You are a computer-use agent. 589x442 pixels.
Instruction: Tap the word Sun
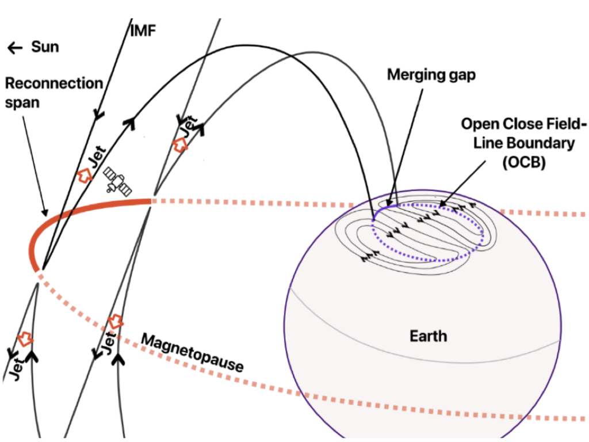click(45, 47)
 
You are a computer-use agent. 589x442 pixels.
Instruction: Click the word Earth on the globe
click(428, 336)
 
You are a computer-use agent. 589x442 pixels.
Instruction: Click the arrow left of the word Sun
click(16, 48)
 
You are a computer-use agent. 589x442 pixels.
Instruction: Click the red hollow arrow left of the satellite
click(85, 176)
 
